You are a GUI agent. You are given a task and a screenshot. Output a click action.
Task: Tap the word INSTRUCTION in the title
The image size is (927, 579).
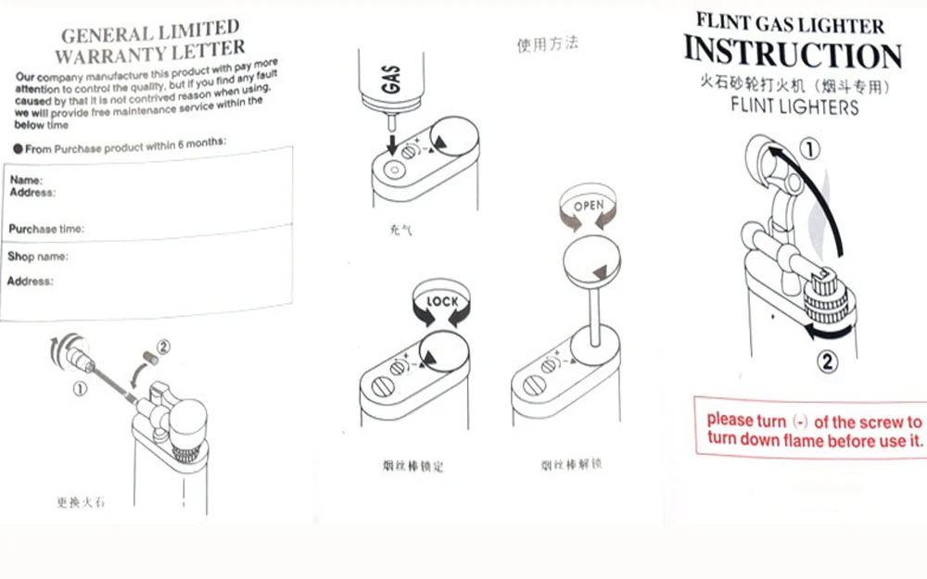[x=793, y=53]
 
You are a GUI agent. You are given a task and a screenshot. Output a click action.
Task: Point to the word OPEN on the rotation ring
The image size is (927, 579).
[x=589, y=205]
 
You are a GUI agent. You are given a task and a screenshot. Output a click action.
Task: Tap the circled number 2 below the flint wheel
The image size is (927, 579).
[x=828, y=359]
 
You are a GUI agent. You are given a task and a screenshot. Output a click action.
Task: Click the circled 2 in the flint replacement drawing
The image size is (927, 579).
[x=163, y=348]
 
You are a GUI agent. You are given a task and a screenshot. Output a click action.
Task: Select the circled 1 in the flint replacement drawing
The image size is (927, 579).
[x=81, y=389]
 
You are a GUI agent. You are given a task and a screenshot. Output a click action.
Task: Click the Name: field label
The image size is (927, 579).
[x=25, y=180]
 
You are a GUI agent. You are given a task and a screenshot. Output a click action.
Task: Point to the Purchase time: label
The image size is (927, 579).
[x=45, y=228]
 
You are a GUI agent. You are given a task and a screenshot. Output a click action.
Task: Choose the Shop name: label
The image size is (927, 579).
[x=37, y=256]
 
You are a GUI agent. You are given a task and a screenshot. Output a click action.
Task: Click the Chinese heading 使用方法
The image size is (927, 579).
[x=547, y=44]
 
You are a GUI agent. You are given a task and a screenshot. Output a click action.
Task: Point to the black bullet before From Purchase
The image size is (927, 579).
[x=19, y=149]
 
